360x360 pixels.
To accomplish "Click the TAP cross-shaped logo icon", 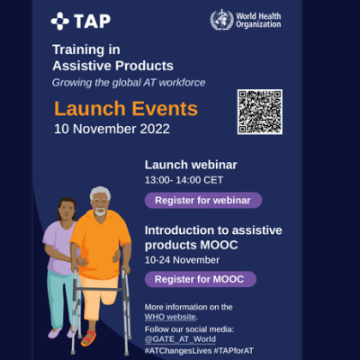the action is [x=60, y=21].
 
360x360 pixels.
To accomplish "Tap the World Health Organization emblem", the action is [x=221, y=20].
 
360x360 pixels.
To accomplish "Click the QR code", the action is [x=260, y=112].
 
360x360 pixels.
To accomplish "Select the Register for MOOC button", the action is [x=201, y=279].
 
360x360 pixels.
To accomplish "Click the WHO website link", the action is [x=170, y=317].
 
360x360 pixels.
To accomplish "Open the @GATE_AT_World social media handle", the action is [x=180, y=339].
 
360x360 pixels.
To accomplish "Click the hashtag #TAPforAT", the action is [x=233, y=351].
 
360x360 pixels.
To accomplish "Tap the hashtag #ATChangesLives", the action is [x=178, y=351].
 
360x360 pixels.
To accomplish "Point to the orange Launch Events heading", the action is [x=126, y=108].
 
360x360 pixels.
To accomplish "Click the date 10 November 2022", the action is [x=112, y=129].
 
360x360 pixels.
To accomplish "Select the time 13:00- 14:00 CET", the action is [x=184, y=180].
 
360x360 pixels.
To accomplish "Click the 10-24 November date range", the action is [x=182, y=260].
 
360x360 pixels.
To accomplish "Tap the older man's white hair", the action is [x=100, y=193].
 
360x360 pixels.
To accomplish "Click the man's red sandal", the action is [x=89, y=337].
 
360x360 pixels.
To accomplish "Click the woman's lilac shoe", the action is [x=55, y=333].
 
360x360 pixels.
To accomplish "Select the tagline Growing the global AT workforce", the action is [x=129, y=83].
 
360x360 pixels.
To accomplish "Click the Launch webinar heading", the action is [x=191, y=165].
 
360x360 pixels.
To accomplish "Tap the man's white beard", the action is [x=100, y=211].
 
